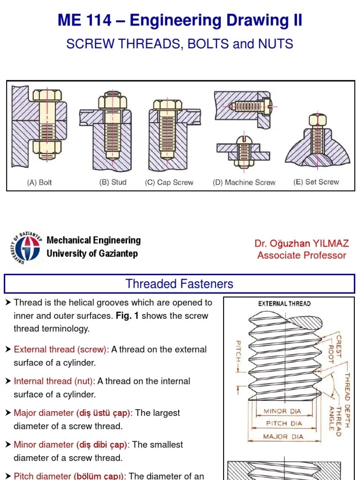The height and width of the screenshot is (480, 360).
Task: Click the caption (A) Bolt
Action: point(39,183)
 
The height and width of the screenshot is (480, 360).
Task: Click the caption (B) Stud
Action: point(113,182)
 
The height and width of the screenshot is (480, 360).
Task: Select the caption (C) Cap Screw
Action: point(169,183)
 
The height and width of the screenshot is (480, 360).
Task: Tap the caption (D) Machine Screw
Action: point(244,183)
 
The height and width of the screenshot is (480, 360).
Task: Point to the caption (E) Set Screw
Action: point(316,182)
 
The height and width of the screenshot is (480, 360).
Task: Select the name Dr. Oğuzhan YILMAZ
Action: point(301,243)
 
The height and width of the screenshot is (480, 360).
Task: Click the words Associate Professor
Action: point(301,255)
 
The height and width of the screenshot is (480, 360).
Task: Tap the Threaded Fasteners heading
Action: point(180,284)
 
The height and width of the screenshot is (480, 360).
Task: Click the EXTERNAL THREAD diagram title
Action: point(284,304)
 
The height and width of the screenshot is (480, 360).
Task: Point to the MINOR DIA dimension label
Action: point(282,412)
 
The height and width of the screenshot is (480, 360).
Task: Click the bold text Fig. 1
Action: point(127,316)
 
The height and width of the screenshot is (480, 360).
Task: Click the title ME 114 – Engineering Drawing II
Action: point(180,21)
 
